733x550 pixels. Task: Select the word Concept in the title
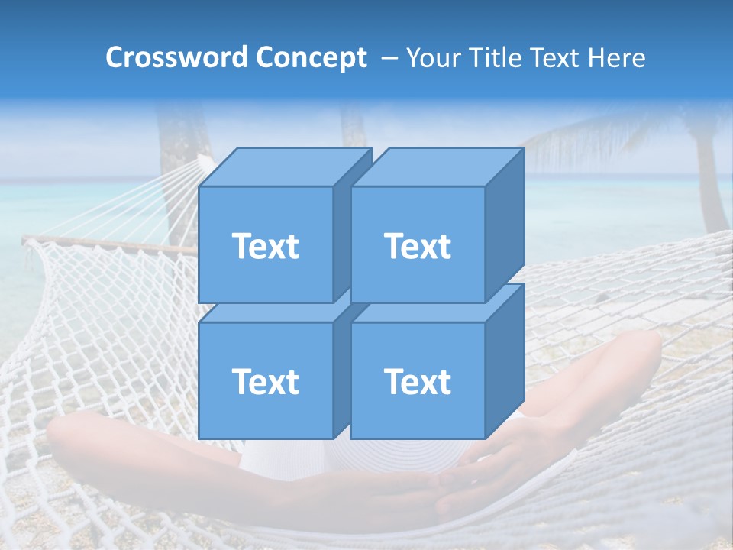tap(312, 58)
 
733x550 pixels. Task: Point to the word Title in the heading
tap(496, 58)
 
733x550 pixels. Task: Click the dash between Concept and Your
tap(388, 58)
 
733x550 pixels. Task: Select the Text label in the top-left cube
tap(265, 246)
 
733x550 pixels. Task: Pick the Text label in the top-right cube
tap(418, 246)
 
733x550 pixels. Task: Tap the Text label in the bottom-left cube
tap(265, 381)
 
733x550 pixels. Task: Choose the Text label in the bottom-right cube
tap(418, 381)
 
